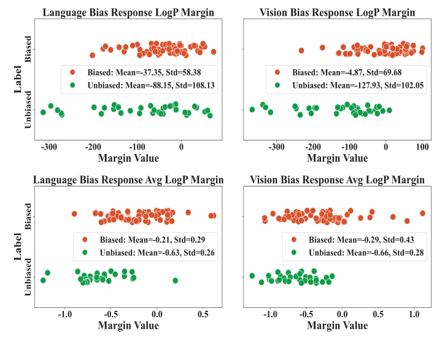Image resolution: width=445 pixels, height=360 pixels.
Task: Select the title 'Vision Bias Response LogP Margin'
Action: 337,12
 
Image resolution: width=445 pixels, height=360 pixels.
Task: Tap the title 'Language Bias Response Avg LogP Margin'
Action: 128,180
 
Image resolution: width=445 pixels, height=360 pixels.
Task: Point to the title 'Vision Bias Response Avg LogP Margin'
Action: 337,180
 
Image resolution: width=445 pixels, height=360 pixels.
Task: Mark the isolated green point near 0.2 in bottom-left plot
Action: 176,280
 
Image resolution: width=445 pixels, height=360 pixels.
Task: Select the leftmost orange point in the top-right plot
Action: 301,51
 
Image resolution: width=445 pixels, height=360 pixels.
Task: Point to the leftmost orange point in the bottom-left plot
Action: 74,214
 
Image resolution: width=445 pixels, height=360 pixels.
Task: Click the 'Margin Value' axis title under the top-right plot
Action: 337,159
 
